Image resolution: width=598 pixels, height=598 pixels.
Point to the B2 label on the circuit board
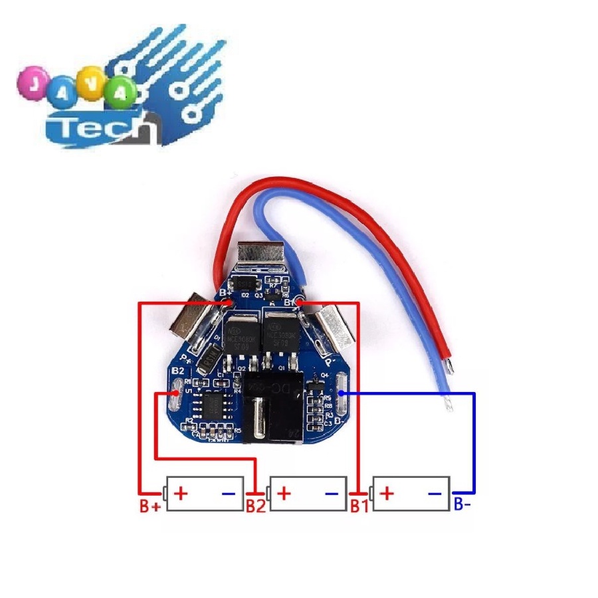pos(178,371)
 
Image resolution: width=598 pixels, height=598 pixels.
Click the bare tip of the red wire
pos(450,365)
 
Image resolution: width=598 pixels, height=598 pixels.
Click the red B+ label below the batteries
pos(150,506)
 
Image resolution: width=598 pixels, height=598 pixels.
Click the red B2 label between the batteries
pos(256,506)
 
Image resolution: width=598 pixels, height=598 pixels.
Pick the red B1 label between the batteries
pos(359,506)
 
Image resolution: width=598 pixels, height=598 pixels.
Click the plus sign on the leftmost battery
pos(180,494)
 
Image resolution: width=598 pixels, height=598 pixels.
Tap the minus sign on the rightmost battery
pos(435,494)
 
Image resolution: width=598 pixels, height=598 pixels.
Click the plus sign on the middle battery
pos(284,494)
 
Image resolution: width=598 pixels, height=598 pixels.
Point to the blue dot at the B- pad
pos(340,393)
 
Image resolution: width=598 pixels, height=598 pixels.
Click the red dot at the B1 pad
pos(300,303)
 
